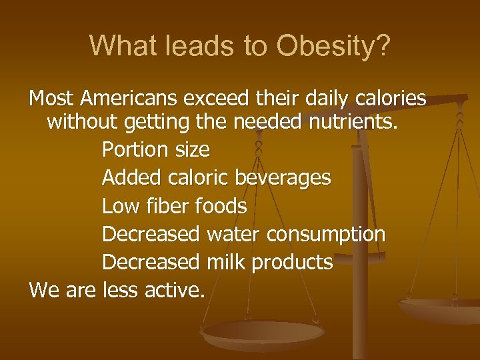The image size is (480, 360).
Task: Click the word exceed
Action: [218, 99]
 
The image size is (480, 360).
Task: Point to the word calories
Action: [387, 99]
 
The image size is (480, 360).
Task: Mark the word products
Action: [291, 263]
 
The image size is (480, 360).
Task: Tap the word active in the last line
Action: [175, 291]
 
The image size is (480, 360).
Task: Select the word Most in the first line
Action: [51, 99]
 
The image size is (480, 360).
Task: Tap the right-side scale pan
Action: [440, 307]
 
